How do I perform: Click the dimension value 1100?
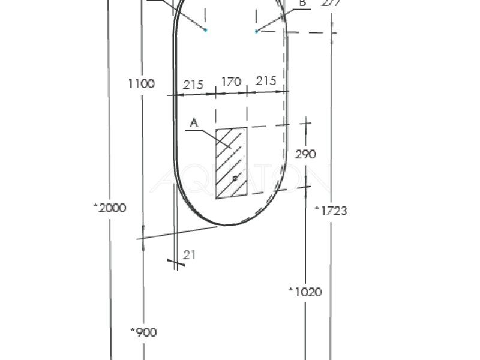click(x=141, y=84)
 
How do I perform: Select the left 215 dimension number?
click(x=193, y=85)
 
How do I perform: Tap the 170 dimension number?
click(x=231, y=81)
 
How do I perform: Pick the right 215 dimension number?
click(x=266, y=81)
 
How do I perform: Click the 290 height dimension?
click(x=305, y=154)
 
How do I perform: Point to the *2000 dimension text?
click(x=109, y=208)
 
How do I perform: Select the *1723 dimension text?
click(x=332, y=211)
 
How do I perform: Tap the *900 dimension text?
click(x=143, y=332)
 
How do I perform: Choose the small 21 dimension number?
click(x=190, y=255)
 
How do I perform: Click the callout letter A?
click(x=193, y=122)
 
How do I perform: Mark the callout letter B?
click(x=303, y=4)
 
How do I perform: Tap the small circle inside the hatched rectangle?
click(x=235, y=178)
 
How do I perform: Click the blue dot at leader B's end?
click(x=256, y=31)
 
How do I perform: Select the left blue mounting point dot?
click(x=205, y=29)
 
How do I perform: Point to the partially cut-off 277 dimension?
click(x=331, y=2)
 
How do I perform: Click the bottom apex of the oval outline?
click(x=229, y=226)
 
